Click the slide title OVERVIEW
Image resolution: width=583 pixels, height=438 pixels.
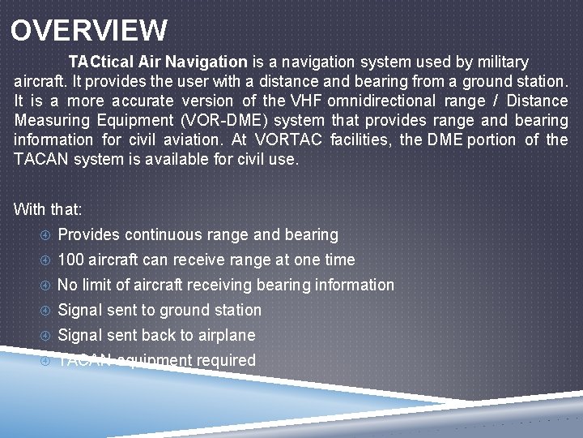(x=89, y=31)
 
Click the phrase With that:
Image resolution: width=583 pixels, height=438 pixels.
(x=48, y=209)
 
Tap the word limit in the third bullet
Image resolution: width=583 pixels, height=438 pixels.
(x=100, y=285)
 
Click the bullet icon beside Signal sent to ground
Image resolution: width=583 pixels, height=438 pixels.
(x=45, y=310)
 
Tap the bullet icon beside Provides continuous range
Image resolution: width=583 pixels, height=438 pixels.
(x=45, y=234)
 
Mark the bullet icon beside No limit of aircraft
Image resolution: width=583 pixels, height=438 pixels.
(x=45, y=285)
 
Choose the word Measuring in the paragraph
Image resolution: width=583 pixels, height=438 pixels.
(x=53, y=120)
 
